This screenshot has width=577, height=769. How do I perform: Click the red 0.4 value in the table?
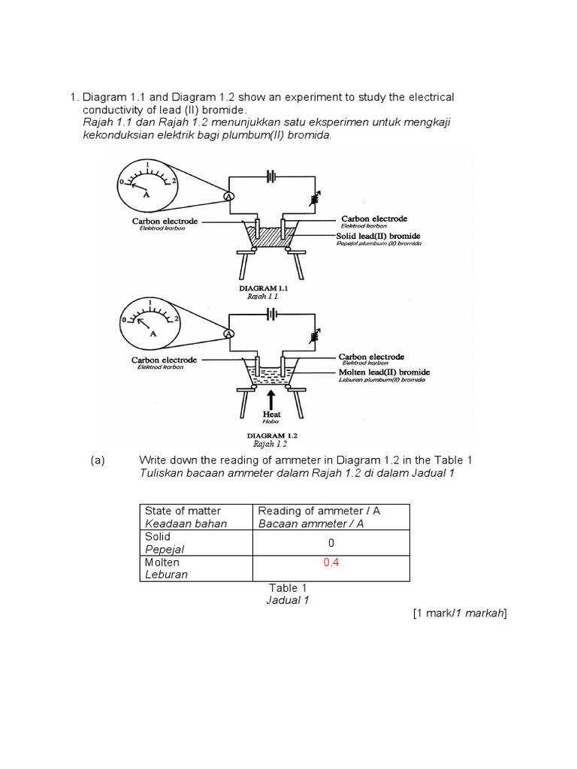tap(331, 562)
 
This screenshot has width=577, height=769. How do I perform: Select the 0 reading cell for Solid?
tap(331, 542)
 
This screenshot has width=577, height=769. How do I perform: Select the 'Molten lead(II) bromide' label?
tap(382, 372)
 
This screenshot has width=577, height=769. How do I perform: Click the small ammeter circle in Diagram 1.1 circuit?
tap(230, 195)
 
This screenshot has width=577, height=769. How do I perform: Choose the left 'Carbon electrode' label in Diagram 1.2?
tap(164, 360)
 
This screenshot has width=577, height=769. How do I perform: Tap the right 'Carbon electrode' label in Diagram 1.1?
tap(374, 219)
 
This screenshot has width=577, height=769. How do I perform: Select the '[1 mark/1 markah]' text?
tap(460, 614)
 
